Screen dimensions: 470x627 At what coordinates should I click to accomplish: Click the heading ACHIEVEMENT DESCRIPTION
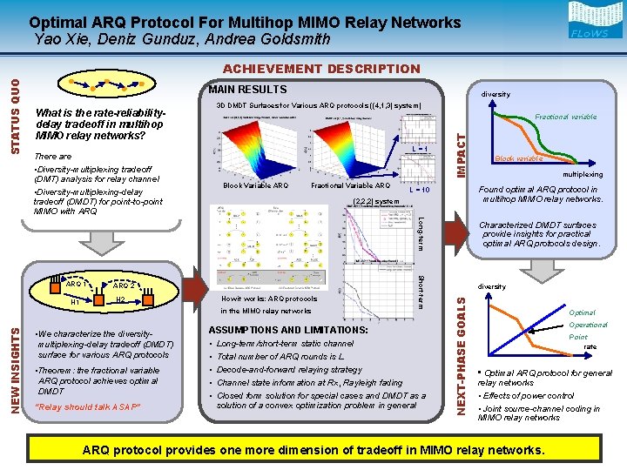pos(321,69)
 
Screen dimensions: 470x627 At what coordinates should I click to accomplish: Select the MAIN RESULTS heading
pos(247,89)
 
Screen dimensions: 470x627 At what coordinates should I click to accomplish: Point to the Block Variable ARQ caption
pos(255,185)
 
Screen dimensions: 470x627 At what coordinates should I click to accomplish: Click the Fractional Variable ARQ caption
pos(351,185)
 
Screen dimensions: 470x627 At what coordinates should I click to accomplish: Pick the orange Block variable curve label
pos(519,159)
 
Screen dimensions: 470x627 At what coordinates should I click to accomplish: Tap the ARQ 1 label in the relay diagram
pos(76,284)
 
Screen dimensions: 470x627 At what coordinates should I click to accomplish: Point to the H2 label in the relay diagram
pos(121,300)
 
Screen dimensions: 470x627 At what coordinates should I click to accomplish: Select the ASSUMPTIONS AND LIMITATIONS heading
pos(287,330)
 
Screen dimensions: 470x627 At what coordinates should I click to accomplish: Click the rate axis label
pos(590,347)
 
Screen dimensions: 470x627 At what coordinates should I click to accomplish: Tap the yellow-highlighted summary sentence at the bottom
pos(313,450)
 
